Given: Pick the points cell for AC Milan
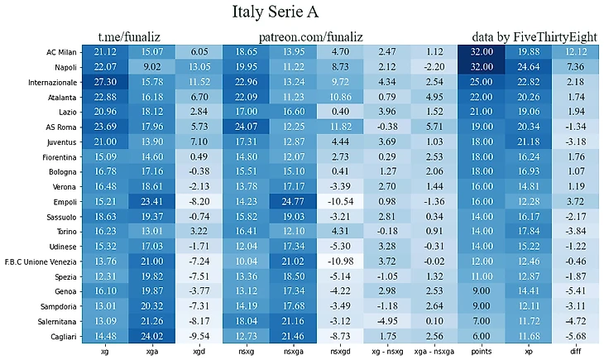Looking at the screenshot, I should pos(481,52).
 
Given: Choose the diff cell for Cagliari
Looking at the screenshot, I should pos(576,335).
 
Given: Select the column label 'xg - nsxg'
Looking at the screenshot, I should pos(387,352).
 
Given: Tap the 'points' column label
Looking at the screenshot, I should pos(481,352).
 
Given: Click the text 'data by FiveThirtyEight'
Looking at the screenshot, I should pos(534,37).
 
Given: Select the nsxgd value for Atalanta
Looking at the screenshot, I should pos(341,97).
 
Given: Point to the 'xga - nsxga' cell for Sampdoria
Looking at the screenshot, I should pos(434,305).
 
